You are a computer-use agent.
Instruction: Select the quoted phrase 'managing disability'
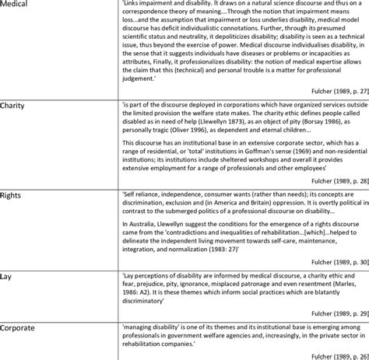[151, 328]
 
